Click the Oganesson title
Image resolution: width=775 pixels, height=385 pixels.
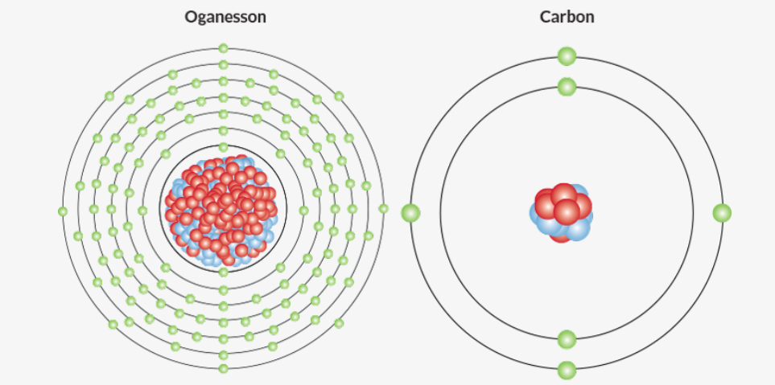(x=225, y=16)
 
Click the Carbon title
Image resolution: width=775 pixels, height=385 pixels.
(x=567, y=16)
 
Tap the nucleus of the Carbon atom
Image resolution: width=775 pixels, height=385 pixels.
(x=562, y=213)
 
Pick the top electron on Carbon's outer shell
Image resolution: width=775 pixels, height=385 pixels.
(x=567, y=56)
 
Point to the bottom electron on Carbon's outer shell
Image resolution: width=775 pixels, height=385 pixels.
(x=567, y=371)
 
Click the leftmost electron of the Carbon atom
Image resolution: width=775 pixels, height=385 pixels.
(x=411, y=213)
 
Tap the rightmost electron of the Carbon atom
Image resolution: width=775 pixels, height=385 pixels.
(x=722, y=213)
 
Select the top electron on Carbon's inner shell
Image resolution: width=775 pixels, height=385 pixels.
(x=567, y=86)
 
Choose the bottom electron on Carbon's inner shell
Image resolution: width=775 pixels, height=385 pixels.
(x=567, y=339)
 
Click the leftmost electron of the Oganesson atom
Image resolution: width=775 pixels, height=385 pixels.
(x=63, y=211)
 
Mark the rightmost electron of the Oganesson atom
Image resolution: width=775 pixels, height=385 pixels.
(x=383, y=209)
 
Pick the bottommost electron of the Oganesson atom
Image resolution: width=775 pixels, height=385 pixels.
(x=223, y=368)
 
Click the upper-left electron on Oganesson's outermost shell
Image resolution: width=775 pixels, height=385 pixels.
(x=110, y=96)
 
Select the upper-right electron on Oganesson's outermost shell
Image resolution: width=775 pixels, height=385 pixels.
(x=339, y=96)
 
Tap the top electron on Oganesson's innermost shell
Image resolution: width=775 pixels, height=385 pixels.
(x=223, y=147)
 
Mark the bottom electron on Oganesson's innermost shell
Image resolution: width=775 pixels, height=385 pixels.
(x=223, y=272)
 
